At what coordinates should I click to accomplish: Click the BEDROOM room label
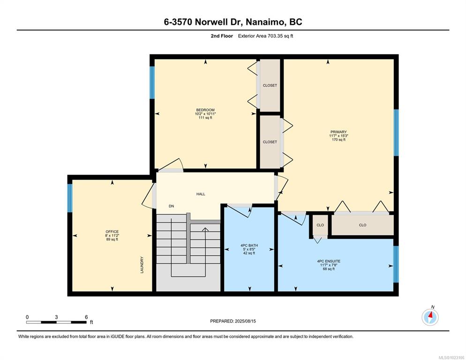tap(205, 110)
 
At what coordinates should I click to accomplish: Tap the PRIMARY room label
tap(338, 132)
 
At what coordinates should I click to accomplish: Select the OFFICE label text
tap(112, 232)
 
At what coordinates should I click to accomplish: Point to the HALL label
tap(201, 194)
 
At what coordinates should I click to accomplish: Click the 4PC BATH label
tap(249, 246)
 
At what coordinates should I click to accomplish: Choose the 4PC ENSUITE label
tap(329, 261)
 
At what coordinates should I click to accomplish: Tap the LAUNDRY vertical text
tap(142, 265)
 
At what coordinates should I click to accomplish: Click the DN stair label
tap(172, 206)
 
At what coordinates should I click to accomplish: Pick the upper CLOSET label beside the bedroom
tap(270, 85)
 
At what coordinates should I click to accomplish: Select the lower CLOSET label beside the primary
tap(270, 142)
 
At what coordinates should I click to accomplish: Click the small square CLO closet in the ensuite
tap(320, 225)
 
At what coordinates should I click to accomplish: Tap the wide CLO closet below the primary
tap(362, 225)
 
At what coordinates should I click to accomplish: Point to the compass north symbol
tap(430, 317)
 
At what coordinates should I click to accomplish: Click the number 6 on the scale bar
tap(86, 317)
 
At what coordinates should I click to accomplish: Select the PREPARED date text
tap(233, 321)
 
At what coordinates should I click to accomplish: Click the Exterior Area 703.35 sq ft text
tap(265, 36)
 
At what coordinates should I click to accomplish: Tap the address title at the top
tap(233, 22)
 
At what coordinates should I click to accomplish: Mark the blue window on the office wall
tap(70, 198)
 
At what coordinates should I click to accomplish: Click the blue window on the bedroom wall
tap(152, 82)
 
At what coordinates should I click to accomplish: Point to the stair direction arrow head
tap(205, 229)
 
